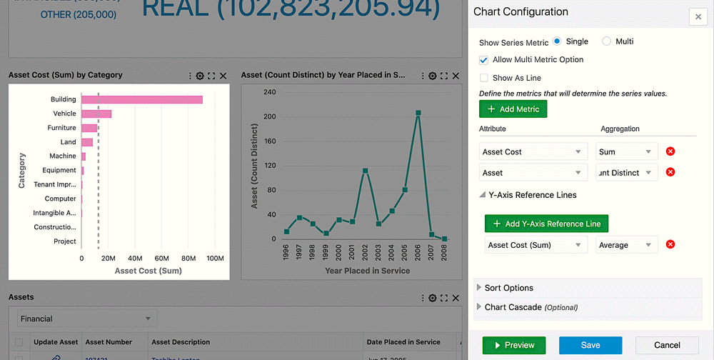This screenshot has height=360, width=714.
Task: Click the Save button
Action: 590,345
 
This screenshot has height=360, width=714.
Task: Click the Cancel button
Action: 667,345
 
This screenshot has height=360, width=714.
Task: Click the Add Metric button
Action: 513,109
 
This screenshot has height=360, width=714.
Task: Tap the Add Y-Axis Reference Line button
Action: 546,224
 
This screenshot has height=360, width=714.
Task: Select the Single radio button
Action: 558,41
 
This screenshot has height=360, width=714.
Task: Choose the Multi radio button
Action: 607,41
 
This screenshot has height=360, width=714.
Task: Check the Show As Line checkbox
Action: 484,78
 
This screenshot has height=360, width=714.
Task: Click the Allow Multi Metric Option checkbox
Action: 484,60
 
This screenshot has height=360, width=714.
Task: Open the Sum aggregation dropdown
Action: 626,151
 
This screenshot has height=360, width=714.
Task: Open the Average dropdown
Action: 626,245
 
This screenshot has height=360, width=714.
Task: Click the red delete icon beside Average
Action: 670,245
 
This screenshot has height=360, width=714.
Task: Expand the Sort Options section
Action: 508,288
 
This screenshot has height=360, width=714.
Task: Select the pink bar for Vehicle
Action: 96,114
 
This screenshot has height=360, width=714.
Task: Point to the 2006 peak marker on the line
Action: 418,113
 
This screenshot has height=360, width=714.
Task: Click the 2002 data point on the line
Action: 366,171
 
